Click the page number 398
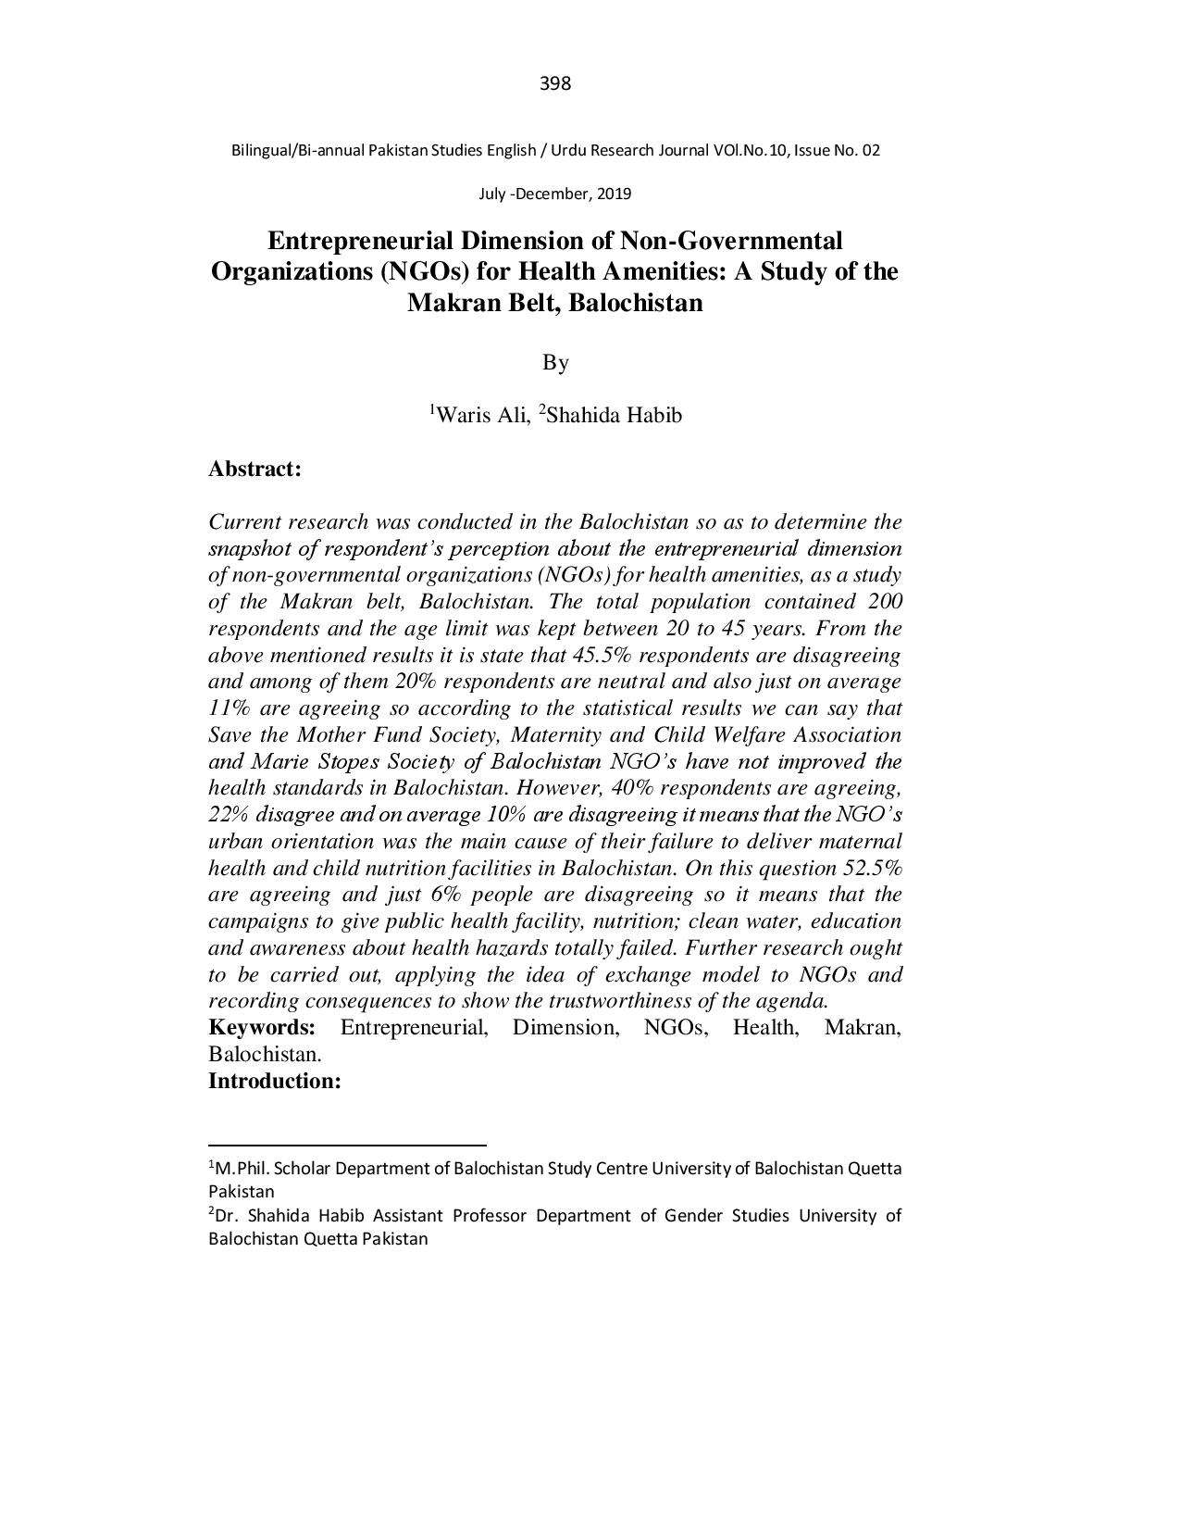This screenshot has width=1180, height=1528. click(x=554, y=84)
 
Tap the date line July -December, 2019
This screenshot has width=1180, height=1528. click(x=554, y=194)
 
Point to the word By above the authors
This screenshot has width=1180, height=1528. click(x=554, y=362)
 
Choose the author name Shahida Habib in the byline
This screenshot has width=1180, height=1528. click(x=614, y=415)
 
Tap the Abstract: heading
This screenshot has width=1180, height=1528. click(x=255, y=469)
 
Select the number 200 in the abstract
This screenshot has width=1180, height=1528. click(x=885, y=602)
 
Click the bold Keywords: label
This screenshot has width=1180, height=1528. click(x=262, y=1027)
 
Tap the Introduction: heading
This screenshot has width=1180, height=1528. click(x=275, y=1081)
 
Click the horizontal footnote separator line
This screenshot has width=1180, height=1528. click(x=347, y=1146)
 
